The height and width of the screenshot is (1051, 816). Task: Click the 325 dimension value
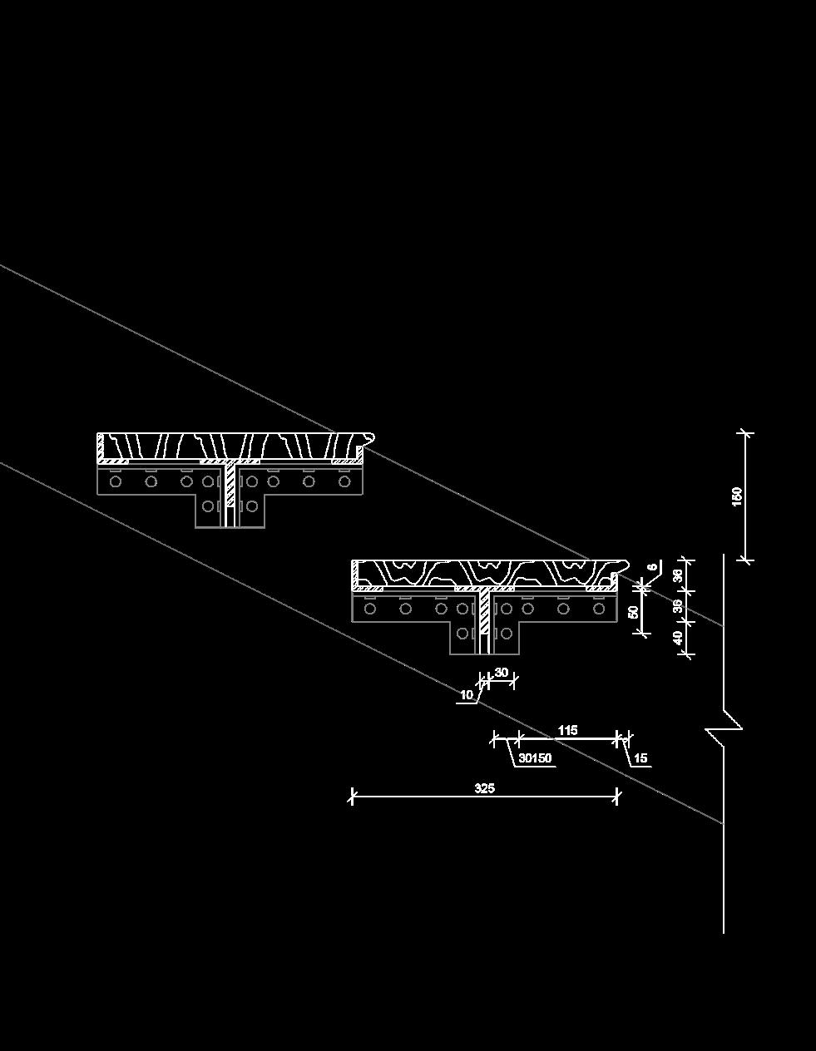click(x=484, y=787)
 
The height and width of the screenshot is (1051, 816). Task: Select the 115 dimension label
click(x=567, y=730)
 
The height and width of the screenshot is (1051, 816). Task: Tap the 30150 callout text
click(x=535, y=758)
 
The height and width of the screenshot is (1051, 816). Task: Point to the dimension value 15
click(x=640, y=758)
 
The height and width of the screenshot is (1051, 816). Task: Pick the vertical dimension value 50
click(x=634, y=612)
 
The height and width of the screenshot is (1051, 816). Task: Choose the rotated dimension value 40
click(x=678, y=639)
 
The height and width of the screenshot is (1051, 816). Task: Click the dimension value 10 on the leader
click(x=466, y=694)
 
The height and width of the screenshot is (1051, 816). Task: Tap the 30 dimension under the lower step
click(x=501, y=672)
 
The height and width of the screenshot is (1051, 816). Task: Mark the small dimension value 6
click(x=653, y=567)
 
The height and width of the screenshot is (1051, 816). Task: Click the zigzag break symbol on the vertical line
click(x=724, y=729)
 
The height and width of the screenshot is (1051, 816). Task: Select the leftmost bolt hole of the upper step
click(x=116, y=481)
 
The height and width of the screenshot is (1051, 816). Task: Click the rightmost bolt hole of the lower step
click(x=598, y=609)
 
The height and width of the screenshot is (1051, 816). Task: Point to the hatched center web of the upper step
click(x=230, y=494)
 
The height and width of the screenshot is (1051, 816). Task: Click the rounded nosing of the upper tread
click(x=369, y=437)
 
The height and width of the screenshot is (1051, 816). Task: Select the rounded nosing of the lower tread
click(x=621, y=565)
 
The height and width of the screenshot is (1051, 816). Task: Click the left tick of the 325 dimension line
click(x=352, y=797)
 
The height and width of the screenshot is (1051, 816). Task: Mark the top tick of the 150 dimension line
click(x=745, y=433)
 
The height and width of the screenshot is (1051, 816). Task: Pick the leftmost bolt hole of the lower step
click(x=370, y=609)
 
